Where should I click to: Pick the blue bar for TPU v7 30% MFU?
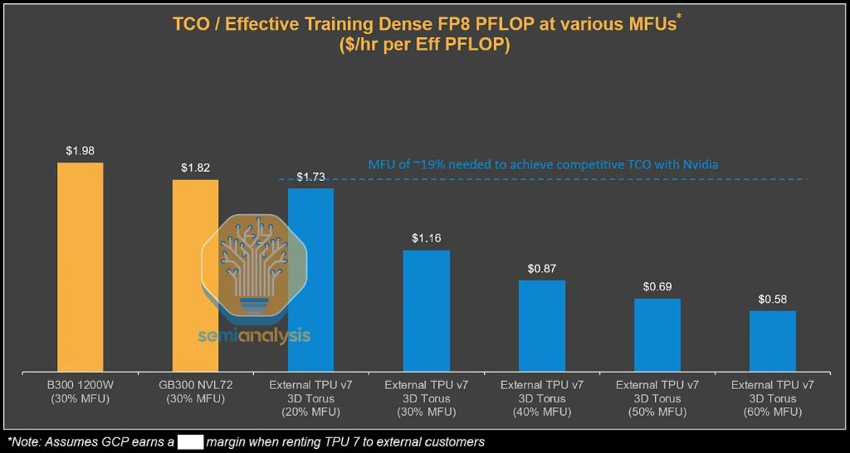click(x=426, y=310)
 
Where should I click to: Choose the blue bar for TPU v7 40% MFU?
click(x=542, y=326)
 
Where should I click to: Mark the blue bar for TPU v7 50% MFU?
click(x=657, y=335)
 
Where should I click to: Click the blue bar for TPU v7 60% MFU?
click(x=773, y=341)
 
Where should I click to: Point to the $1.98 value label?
click(x=80, y=151)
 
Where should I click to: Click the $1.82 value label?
click(x=195, y=168)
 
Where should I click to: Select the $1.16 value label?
click(x=426, y=238)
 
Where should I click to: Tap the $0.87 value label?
click(x=542, y=269)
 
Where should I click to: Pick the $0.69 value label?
click(x=657, y=287)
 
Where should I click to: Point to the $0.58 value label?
click(x=773, y=299)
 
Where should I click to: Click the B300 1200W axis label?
click(x=80, y=385)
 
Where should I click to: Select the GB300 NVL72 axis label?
click(x=195, y=385)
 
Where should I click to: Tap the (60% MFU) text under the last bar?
click(x=773, y=412)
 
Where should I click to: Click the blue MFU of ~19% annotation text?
click(x=543, y=165)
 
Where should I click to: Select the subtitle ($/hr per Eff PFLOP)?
click(x=424, y=46)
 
